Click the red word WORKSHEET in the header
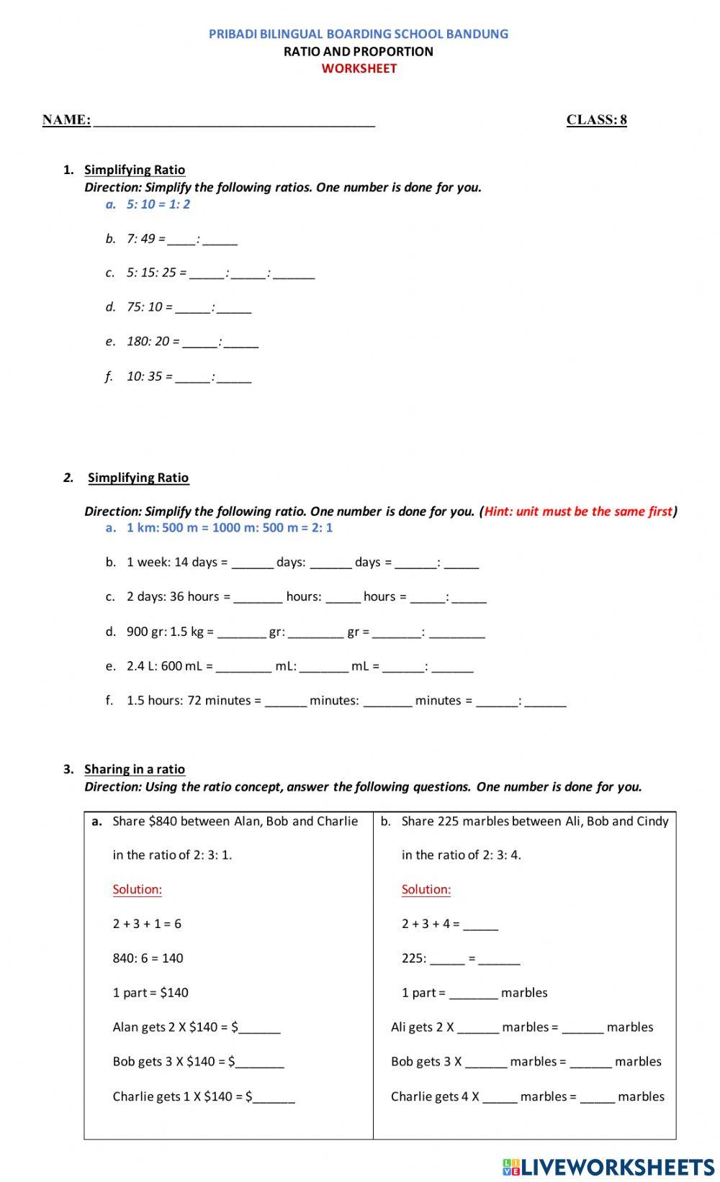pyautogui.click(x=359, y=68)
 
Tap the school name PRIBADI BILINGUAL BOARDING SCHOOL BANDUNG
pyautogui.click(x=359, y=34)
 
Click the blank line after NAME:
pyautogui.click(x=234, y=121)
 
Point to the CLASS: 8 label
pyautogui.click(x=596, y=120)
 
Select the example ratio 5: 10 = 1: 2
pyautogui.click(x=158, y=204)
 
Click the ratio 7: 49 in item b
pyautogui.click(x=141, y=239)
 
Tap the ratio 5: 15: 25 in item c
pyautogui.click(x=151, y=273)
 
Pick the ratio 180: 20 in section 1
pyautogui.click(x=148, y=341)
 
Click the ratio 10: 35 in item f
pyautogui.click(x=144, y=376)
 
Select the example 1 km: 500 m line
pyautogui.click(x=229, y=528)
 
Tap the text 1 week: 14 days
pyautogui.click(x=171, y=562)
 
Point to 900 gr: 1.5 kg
pyautogui.click(x=165, y=632)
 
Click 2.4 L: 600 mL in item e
pyautogui.click(x=164, y=666)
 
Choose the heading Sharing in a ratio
pyautogui.click(x=135, y=769)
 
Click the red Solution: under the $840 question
pyautogui.click(x=137, y=889)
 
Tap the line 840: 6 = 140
pyautogui.click(x=148, y=958)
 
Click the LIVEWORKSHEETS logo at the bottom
pyautogui.click(x=608, y=1166)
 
